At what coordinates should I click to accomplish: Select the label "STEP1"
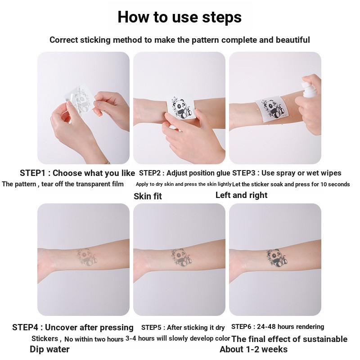coord(32,173)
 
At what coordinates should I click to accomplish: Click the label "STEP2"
coord(150,173)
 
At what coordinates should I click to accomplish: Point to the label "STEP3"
coord(243,173)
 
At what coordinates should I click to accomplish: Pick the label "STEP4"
coord(25,328)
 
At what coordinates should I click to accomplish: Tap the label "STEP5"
coord(151,328)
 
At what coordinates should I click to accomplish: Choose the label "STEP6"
coord(241,327)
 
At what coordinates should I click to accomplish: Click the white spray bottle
coord(309,86)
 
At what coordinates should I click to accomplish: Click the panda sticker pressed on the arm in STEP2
coord(181,107)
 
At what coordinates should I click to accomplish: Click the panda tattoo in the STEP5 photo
coord(181,257)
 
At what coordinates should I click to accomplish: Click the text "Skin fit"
coord(148,196)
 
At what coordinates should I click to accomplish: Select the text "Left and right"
coord(241,195)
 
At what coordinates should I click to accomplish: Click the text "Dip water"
coord(49,349)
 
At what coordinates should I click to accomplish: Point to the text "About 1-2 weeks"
coord(253,349)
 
